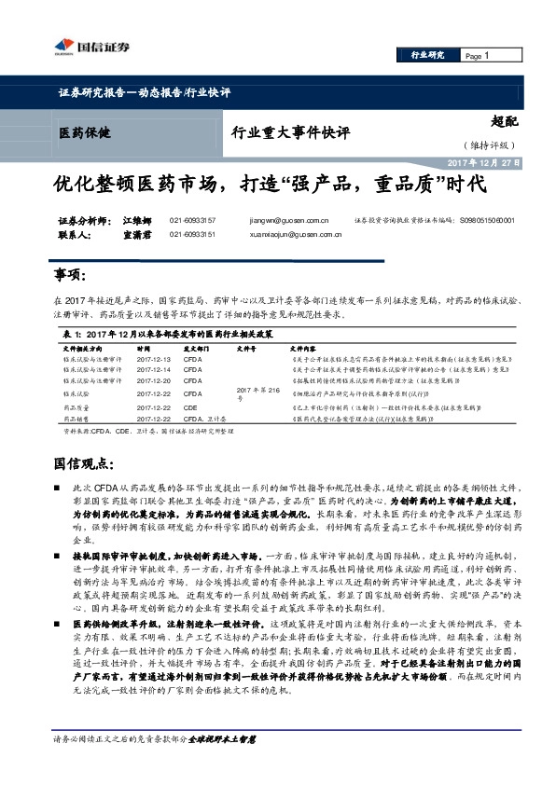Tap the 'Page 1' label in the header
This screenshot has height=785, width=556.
[476, 56]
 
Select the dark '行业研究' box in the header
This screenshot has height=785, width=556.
[428, 56]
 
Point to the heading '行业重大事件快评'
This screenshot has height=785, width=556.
[290, 132]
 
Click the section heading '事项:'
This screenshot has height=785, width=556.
[71, 275]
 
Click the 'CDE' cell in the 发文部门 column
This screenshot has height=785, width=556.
[190, 407]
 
